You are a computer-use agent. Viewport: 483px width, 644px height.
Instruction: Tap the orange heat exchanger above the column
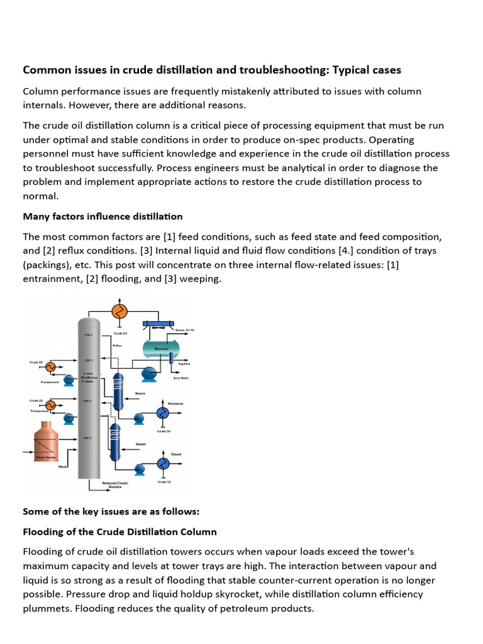(x=119, y=311)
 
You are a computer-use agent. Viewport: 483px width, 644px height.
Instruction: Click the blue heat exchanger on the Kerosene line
(x=162, y=413)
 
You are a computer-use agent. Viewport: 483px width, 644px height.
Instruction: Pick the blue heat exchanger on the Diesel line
(x=162, y=464)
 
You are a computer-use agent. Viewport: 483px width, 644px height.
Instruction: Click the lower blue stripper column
(x=114, y=441)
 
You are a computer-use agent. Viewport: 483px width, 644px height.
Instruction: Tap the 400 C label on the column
(x=87, y=438)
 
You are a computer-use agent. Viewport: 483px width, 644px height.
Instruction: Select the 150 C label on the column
(x=87, y=335)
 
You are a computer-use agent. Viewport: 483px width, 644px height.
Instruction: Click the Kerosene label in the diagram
(x=176, y=402)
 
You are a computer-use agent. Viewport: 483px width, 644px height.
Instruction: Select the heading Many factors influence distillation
(x=103, y=216)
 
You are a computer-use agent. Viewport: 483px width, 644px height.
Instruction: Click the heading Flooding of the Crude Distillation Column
(x=119, y=531)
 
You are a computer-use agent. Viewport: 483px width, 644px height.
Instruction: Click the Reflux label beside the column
(x=117, y=345)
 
